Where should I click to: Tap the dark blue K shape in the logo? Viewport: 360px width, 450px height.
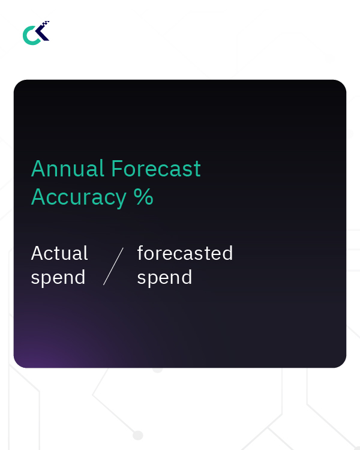[42, 34]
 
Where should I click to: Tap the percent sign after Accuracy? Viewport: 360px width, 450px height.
[144, 197]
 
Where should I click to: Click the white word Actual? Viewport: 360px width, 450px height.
[59, 253]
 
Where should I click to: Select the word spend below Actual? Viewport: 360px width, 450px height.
[58, 278]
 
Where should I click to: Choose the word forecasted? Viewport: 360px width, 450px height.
[185, 253]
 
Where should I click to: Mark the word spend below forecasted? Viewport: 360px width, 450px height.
[164, 278]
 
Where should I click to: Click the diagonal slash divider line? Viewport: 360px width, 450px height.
[113, 266]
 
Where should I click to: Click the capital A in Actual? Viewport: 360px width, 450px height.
[37, 253]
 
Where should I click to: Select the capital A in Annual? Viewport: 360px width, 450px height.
[38, 169]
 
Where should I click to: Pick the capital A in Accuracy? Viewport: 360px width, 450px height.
[38, 197]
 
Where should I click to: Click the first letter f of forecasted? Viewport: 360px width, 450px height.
[140, 253]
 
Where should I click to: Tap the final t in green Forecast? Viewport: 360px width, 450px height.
[197, 170]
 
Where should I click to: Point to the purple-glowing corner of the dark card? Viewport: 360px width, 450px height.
[30, 354]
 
